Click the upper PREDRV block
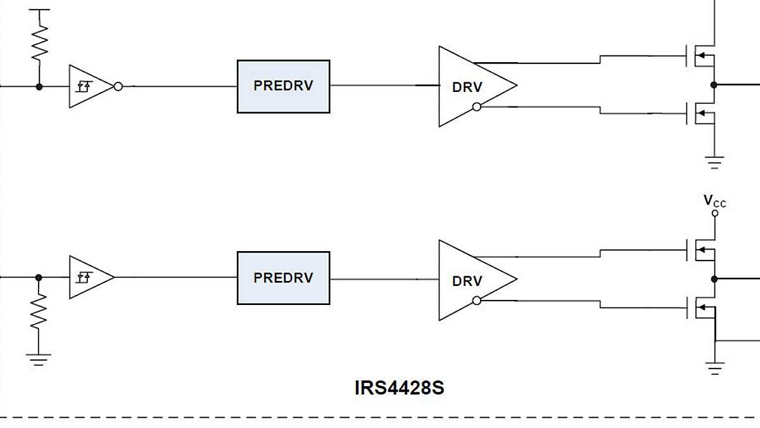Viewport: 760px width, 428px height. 283,86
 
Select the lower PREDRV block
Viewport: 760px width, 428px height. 283,278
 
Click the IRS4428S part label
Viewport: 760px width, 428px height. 399,387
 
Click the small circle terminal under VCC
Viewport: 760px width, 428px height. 715,214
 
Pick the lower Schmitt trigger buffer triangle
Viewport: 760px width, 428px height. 89,277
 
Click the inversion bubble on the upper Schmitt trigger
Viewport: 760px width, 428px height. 118,86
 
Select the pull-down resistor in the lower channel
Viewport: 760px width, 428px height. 39,311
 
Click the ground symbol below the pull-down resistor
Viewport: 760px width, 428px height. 39,359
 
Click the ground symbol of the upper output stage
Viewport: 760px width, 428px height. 714,163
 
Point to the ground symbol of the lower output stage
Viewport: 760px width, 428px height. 714,368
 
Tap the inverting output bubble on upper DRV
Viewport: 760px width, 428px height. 476,107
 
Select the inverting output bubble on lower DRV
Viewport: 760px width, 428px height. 476,301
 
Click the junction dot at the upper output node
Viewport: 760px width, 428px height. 714,84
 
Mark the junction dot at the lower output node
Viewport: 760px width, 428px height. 714,279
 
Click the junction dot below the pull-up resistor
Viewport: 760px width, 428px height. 39,86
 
